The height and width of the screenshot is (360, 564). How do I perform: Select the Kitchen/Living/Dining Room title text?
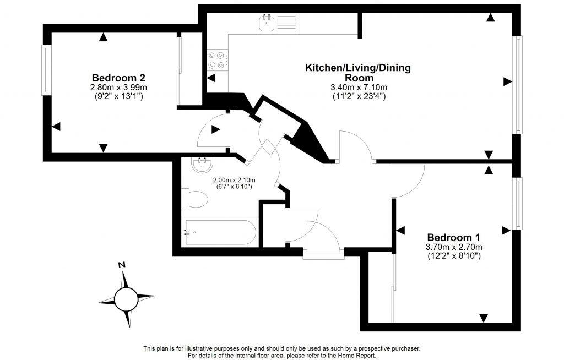358,73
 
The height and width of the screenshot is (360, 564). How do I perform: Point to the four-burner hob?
216,60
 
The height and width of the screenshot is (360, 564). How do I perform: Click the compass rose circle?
126,299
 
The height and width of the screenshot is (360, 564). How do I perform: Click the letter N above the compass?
122,265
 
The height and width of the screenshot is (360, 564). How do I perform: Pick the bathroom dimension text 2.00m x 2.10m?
234,180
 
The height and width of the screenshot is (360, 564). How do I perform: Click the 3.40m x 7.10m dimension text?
358,88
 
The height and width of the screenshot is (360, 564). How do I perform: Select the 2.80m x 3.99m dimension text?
118,88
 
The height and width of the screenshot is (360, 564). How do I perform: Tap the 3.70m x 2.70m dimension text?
454,247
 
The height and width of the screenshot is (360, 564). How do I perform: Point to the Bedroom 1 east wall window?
517,203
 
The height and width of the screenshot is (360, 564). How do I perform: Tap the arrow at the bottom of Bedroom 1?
484,318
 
